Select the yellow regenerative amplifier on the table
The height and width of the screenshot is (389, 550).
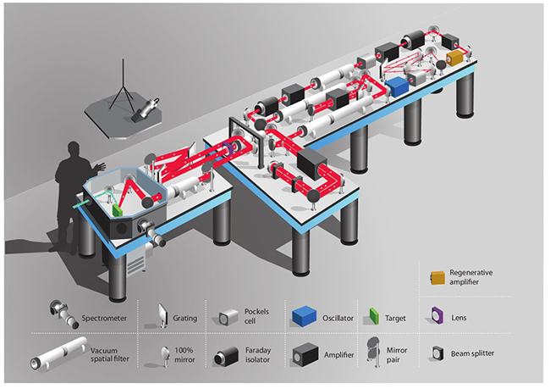click(x=456, y=57)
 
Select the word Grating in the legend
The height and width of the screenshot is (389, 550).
click(x=184, y=319)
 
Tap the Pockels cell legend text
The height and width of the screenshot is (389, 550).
click(x=257, y=319)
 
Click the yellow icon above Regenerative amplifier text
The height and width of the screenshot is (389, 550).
click(x=435, y=277)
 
